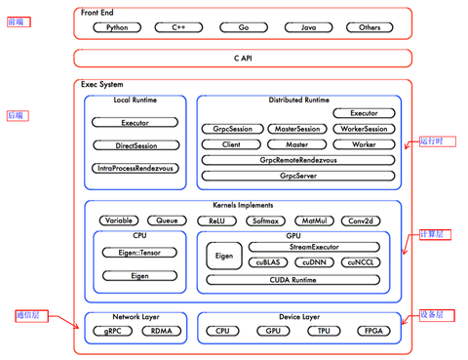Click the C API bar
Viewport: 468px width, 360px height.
[243, 59]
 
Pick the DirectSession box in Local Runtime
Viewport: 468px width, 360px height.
[135, 145]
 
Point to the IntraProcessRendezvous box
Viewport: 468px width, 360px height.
[135, 168]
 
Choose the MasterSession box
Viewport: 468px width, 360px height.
[297, 129]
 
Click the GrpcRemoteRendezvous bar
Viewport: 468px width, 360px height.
[297, 160]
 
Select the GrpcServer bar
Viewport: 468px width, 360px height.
[297, 177]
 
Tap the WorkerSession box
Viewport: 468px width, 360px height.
[363, 129]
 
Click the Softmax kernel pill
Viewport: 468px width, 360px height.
[266, 221]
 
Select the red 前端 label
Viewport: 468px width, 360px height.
[17, 21]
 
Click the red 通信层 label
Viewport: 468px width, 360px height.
[28, 315]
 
